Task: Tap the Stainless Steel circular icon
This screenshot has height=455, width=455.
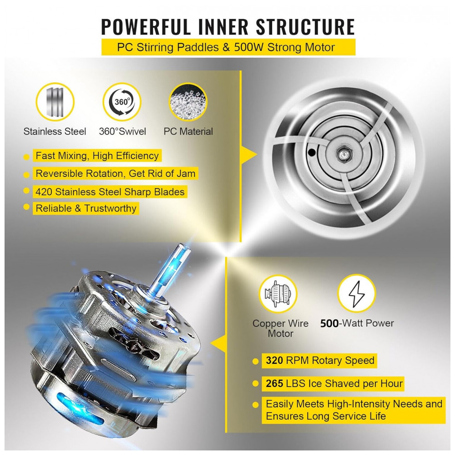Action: click(x=55, y=101)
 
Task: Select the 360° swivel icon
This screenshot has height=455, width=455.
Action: click(x=122, y=101)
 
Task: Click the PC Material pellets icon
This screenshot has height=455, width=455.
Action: click(x=187, y=101)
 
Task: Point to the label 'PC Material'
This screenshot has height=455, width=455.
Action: click(x=188, y=131)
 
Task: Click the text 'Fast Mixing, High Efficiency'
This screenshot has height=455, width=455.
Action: click(x=97, y=156)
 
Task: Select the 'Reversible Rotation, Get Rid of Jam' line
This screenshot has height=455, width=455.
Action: click(x=116, y=173)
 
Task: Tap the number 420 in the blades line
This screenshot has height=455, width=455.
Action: click(x=44, y=192)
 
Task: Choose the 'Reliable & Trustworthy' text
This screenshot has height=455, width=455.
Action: click(x=86, y=208)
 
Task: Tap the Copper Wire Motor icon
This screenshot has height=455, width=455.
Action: click(x=278, y=294)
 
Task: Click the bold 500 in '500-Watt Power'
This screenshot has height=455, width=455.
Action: click(x=329, y=324)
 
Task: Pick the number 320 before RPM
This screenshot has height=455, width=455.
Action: click(x=274, y=361)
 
